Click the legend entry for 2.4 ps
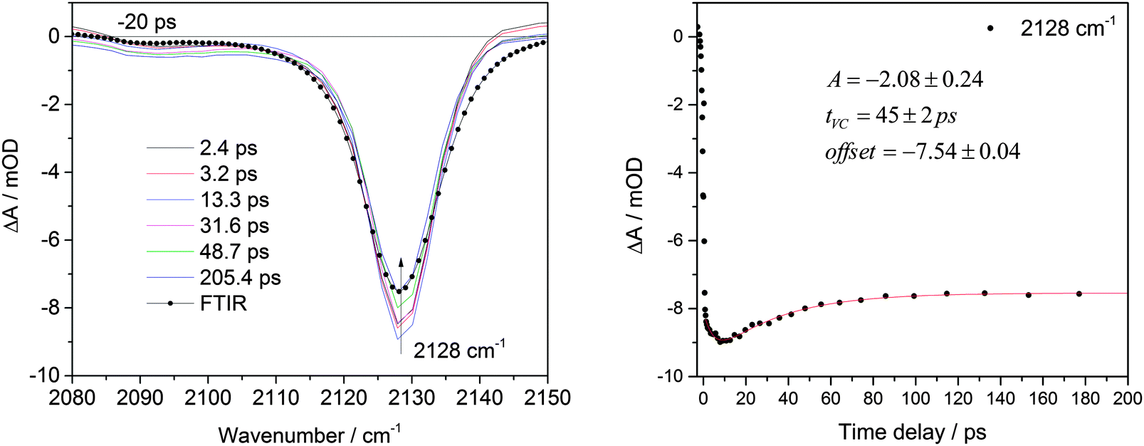228,148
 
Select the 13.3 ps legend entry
234,200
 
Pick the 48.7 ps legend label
234,251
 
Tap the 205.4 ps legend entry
240,277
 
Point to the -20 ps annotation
146,22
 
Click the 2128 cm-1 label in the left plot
459,350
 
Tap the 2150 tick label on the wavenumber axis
547,398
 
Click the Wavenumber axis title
309,432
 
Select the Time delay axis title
911,432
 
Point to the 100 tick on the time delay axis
915,398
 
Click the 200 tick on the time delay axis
1128,398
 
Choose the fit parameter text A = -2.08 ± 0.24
905,80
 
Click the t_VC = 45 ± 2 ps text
891,116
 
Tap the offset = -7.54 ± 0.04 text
922,152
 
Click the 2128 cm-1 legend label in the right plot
1067,28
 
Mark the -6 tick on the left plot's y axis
54,240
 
